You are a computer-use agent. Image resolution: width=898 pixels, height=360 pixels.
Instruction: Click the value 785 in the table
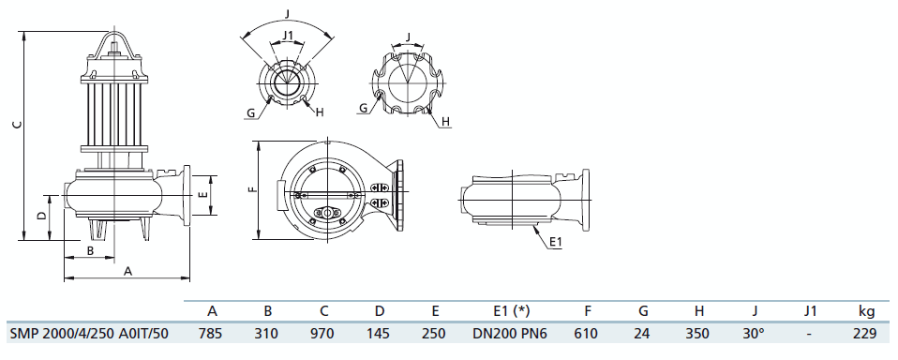[210, 333]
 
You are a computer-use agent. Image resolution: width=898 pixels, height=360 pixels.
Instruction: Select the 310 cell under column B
[267, 333]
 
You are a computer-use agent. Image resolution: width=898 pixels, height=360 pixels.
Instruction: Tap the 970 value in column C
[322, 333]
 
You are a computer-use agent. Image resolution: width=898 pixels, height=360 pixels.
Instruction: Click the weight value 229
[865, 333]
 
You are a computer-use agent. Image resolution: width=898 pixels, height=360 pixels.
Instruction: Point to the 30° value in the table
[754, 333]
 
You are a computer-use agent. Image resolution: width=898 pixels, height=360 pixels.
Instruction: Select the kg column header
[866, 311]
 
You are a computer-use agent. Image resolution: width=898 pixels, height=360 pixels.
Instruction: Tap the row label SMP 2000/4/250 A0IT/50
[89, 333]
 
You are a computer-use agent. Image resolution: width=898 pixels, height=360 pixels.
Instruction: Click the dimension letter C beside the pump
[18, 124]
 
